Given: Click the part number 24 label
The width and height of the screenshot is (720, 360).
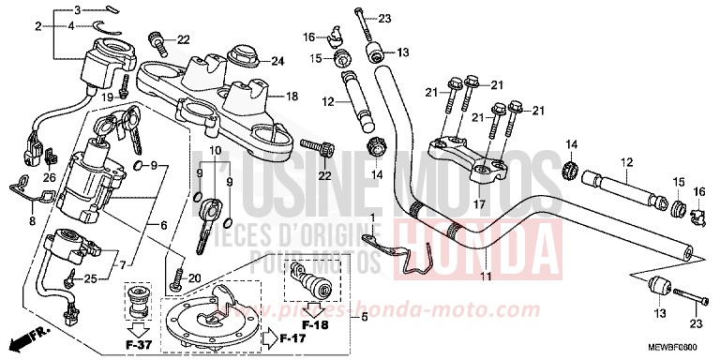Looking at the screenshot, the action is [277, 63].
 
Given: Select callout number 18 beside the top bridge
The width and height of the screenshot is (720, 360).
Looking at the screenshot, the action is [292, 97].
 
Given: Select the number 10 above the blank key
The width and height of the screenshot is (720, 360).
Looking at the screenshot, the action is [214, 151].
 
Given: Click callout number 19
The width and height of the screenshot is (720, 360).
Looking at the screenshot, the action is [108, 97].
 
